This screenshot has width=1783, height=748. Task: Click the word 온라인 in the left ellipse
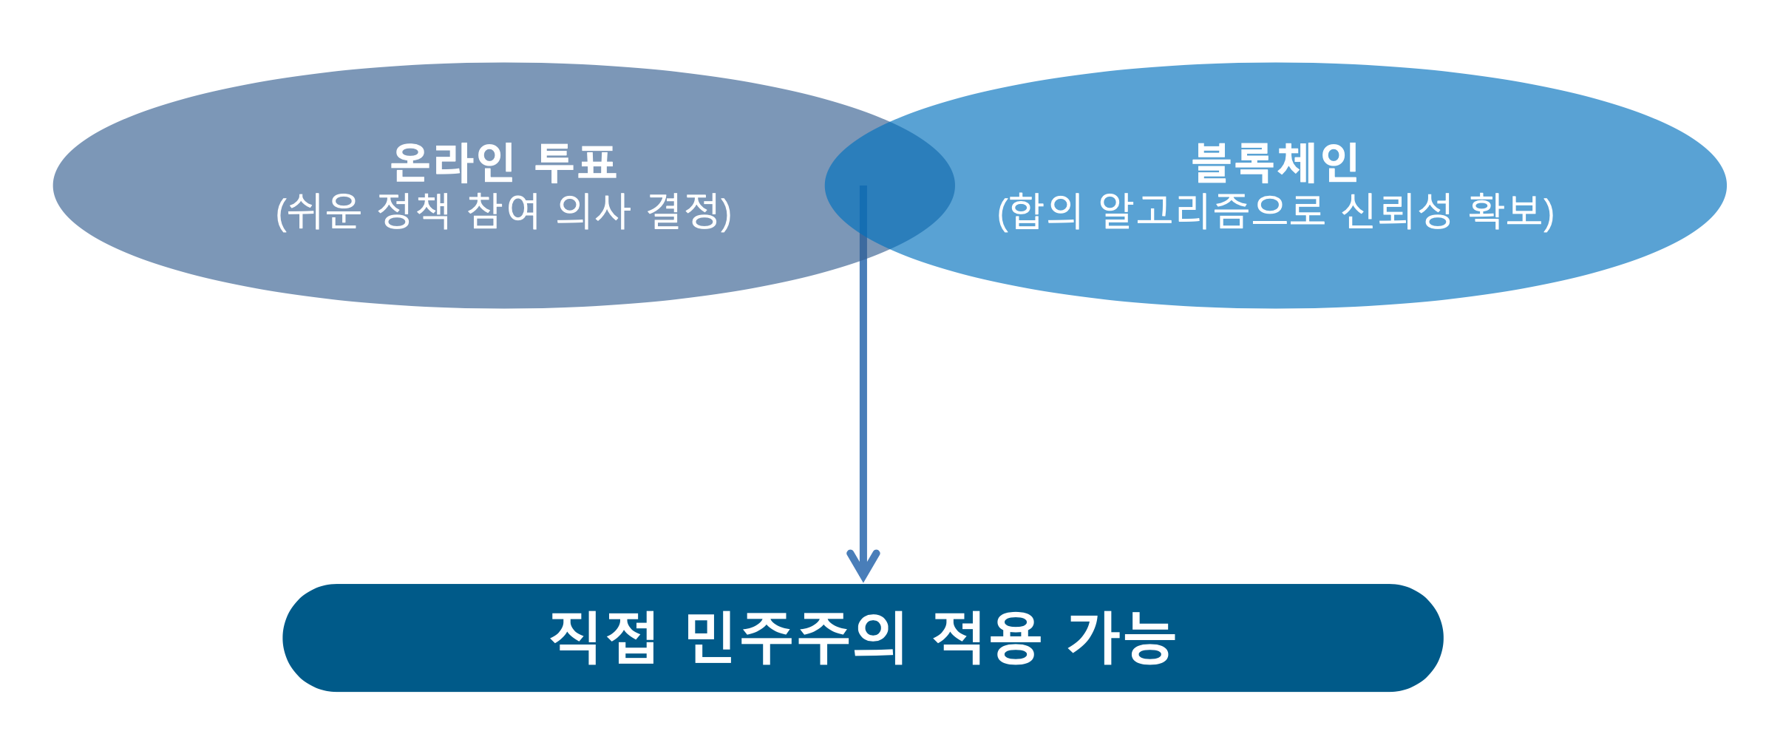pyautogui.click(x=452, y=162)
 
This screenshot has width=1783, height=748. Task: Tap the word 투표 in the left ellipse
pyautogui.click(x=575, y=162)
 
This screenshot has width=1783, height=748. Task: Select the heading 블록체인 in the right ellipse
pyautogui.click(x=1275, y=162)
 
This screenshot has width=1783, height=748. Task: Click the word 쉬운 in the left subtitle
pyautogui.click(x=323, y=211)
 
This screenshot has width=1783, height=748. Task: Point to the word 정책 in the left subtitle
pyautogui.click(x=413, y=211)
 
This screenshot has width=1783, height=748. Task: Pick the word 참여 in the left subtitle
pyautogui.click(x=503, y=211)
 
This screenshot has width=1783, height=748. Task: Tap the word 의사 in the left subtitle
pyautogui.click(x=594, y=211)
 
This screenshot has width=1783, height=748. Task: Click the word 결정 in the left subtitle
pyautogui.click(x=682, y=211)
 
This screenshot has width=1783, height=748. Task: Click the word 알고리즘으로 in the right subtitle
pyautogui.click(x=1212, y=211)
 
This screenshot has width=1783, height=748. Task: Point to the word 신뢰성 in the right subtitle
pyautogui.click(x=1396, y=211)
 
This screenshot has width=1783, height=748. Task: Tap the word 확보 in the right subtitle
pyautogui.click(x=1505, y=211)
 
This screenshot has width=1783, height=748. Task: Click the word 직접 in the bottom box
pyautogui.click(x=603, y=637)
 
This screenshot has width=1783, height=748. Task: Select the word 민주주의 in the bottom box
pyautogui.click(x=795, y=637)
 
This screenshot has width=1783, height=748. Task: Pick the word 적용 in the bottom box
pyautogui.click(x=987, y=637)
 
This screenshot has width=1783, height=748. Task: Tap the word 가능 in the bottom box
pyautogui.click(x=1121, y=637)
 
